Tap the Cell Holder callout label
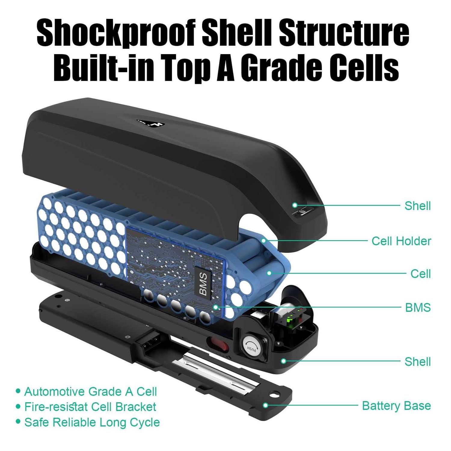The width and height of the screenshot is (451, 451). (x=401, y=241)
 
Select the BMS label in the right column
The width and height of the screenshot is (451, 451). (x=418, y=308)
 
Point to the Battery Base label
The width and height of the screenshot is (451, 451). (x=396, y=406)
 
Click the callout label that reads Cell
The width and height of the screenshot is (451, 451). (x=421, y=274)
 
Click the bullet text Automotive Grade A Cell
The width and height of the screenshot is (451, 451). (x=91, y=391)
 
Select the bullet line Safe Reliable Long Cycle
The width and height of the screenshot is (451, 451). (x=92, y=422)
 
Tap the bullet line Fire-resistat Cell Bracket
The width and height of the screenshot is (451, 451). (x=90, y=407)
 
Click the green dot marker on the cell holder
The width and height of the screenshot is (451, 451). (x=264, y=241)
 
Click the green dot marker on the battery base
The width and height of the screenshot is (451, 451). (x=265, y=405)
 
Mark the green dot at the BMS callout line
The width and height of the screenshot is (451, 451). (x=216, y=307)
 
